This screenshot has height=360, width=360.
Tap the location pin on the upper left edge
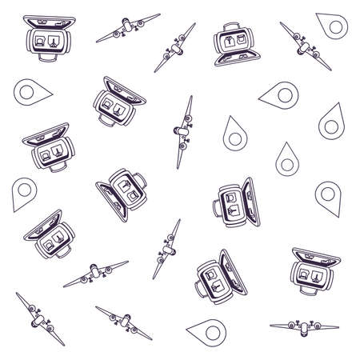tap(23, 94)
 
